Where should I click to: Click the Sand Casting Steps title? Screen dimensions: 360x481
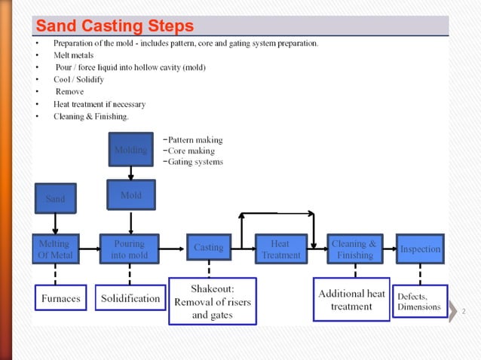coord(115,26)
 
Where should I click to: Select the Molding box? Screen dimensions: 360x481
coord(130,150)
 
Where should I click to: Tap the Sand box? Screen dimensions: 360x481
coord(55,199)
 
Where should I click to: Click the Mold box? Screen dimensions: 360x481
coord(130,195)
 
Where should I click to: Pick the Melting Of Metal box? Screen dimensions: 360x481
coord(54,249)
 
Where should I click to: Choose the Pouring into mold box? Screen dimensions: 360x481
coord(130,249)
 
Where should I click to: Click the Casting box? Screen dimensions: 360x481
coord(209,248)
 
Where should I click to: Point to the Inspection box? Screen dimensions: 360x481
coord(420,249)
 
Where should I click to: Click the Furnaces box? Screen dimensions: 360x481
coord(60,298)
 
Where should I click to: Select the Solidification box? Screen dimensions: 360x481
coord(130,298)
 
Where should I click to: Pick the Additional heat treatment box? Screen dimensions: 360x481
coord(351,300)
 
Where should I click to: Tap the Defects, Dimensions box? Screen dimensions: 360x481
coord(420,301)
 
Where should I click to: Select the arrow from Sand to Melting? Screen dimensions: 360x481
coord(55,224)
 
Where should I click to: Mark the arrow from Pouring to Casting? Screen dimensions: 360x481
coord(173,248)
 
